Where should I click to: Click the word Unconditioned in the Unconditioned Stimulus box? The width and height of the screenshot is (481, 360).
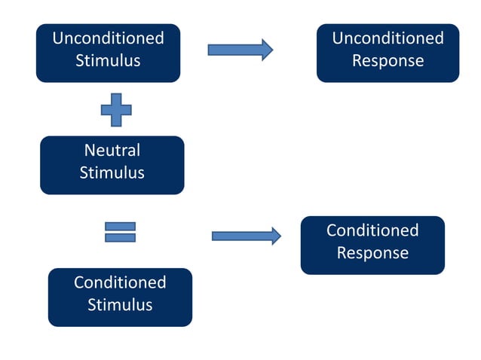tap(108, 38)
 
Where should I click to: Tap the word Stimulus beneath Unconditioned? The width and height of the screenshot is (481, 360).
tap(108, 61)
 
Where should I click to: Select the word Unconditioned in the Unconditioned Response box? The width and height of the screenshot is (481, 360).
tap(388, 38)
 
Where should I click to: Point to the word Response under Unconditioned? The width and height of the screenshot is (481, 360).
tap(388, 60)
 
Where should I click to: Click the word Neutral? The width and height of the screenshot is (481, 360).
tap(112, 150)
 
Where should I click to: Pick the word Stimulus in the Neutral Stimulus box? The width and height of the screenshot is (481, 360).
tap(112, 172)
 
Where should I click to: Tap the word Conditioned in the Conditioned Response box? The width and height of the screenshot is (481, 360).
tap(372, 230)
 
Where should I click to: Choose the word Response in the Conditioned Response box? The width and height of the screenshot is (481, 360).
tap(372, 253)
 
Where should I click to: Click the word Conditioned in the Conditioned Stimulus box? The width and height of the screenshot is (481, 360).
tap(120, 282)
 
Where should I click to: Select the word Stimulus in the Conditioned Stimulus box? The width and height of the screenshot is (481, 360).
tap(120, 305)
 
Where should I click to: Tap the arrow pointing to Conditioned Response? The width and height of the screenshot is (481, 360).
tap(246, 236)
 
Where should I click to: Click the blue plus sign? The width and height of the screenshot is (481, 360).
tap(116, 110)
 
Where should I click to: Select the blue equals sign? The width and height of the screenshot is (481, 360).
tap(120, 231)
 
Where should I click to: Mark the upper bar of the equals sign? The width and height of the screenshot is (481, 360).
tap(120, 226)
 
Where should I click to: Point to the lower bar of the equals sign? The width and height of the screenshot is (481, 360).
tap(120, 237)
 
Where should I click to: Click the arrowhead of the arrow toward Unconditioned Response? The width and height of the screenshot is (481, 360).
tap(266, 50)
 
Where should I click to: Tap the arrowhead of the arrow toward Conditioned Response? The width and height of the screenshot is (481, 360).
tap(274, 236)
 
